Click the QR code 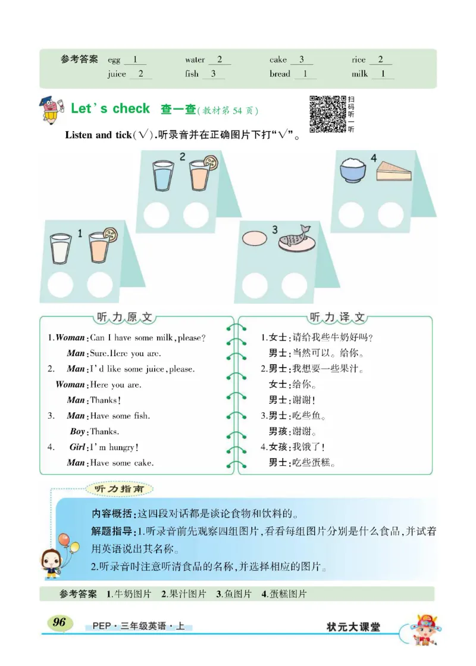click(328, 114)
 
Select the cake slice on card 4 click(393, 171)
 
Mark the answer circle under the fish click(295, 285)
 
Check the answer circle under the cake click(391, 214)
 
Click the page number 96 click(59, 623)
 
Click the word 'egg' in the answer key click(114, 60)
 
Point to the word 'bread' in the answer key click(280, 74)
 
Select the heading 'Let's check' click(110, 108)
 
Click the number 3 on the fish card click(275, 229)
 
